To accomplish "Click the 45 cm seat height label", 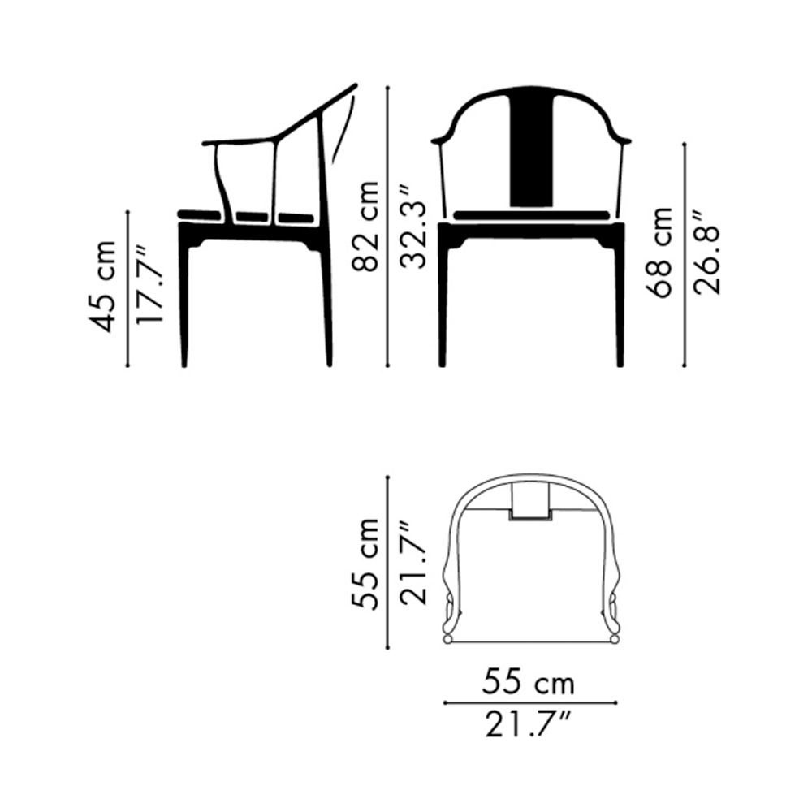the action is coord(103,287).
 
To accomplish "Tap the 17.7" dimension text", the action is coord(149,286).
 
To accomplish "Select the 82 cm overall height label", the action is coord(365,227).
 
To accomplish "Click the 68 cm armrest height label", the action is coord(659,253).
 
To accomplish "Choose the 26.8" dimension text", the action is coord(706,253).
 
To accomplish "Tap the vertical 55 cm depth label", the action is coord(365,563).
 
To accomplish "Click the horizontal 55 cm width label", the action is coord(529,684).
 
